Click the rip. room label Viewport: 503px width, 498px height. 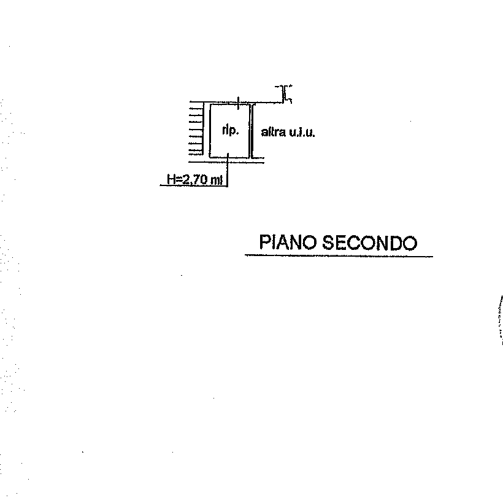tap(230, 131)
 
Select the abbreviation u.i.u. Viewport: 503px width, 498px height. tap(302, 132)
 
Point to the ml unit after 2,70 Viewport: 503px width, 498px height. tap(217, 180)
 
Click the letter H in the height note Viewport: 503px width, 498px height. tap(171, 179)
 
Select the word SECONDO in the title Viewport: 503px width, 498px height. tap(369, 243)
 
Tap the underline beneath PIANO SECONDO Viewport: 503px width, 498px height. tap(339, 256)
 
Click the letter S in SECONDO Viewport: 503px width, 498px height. tap(329, 243)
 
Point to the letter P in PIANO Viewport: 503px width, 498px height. tap(265, 242)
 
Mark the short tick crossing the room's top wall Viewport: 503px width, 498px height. tap(238, 103)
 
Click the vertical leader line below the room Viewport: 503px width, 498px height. tap(228, 170)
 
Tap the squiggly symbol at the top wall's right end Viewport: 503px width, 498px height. tap(284, 94)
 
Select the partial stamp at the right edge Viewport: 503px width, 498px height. tap(500, 319)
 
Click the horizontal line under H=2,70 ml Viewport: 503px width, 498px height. tap(194, 185)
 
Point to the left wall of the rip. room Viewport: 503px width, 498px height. tap(210, 131)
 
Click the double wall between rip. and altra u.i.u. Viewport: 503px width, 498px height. tap(251, 131)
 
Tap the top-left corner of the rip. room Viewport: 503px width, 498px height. tap(210, 104)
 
